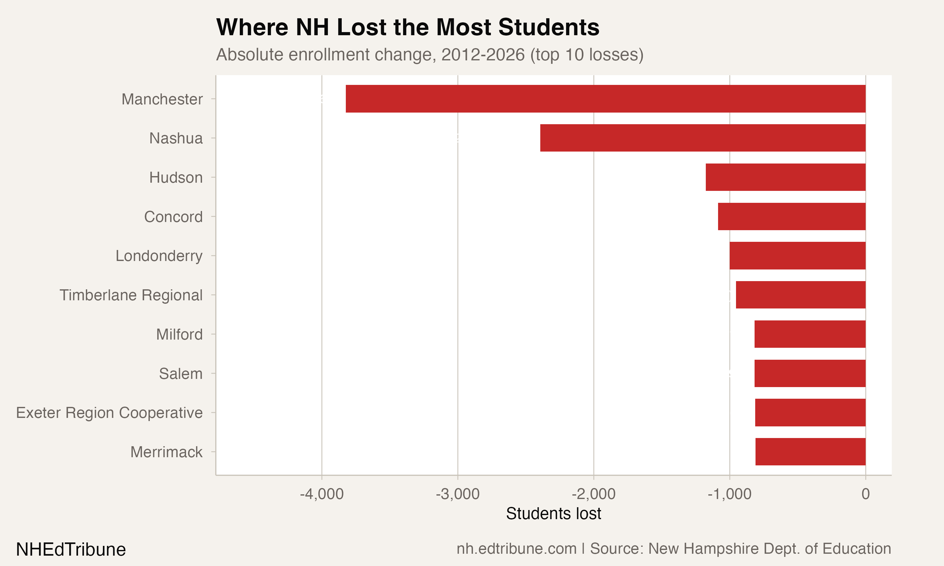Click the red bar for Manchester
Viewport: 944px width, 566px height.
(605, 99)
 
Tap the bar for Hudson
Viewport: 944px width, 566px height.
(785, 177)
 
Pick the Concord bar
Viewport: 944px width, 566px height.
(791, 217)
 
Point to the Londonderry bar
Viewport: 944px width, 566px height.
(797, 256)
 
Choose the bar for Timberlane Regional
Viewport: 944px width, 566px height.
(800, 295)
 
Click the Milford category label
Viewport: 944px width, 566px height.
(179, 335)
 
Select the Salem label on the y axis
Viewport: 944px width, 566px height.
(181, 374)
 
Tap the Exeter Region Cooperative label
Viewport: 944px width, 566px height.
(109, 413)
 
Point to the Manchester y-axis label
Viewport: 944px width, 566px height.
(162, 99)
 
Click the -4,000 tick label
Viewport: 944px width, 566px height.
(321, 494)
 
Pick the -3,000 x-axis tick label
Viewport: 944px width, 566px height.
(458, 494)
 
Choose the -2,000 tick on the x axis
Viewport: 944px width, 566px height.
(593, 494)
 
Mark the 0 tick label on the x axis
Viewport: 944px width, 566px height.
(865, 494)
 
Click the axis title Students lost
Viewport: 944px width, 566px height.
(553, 514)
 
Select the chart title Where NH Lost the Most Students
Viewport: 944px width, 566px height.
(407, 27)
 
